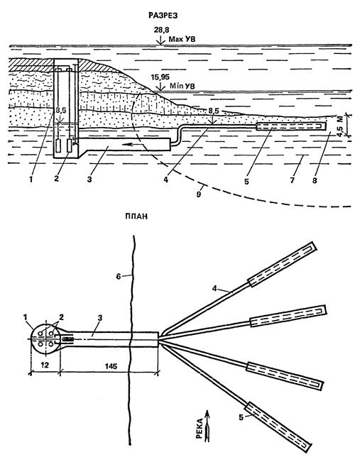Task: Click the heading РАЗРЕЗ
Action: pyautogui.click(x=163, y=16)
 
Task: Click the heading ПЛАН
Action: pyautogui.click(x=136, y=216)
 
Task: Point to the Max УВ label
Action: pyautogui.click(x=182, y=39)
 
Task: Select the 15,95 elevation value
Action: pyautogui.click(x=160, y=77)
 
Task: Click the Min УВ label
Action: pyautogui.click(x=182, y=87)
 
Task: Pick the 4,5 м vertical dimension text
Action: pyautogui.click(x=340, y=126)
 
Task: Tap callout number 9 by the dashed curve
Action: pyautogui.click(x=198, y=194)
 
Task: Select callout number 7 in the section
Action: pyautogui.click(x=292, y=180)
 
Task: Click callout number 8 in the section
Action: pyautogui.click(x=315, y=180)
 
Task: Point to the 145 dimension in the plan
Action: pyautogui.click(x=111, y=366)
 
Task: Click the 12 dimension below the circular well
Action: pyautogui.click(x=45, y=365)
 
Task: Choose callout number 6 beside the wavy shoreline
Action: pyautogui.click(x=119, y=277)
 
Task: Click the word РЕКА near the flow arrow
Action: pyautogui.click(x=200, y=429)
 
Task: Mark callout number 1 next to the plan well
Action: pyautogui.click(x=26, y=317)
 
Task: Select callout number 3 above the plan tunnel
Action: pyautogui.click(x=100, y=318)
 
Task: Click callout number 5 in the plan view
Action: pyautogui.click(x=241, y=418)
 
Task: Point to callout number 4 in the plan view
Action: pyautogui.click(x=214, y=288)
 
